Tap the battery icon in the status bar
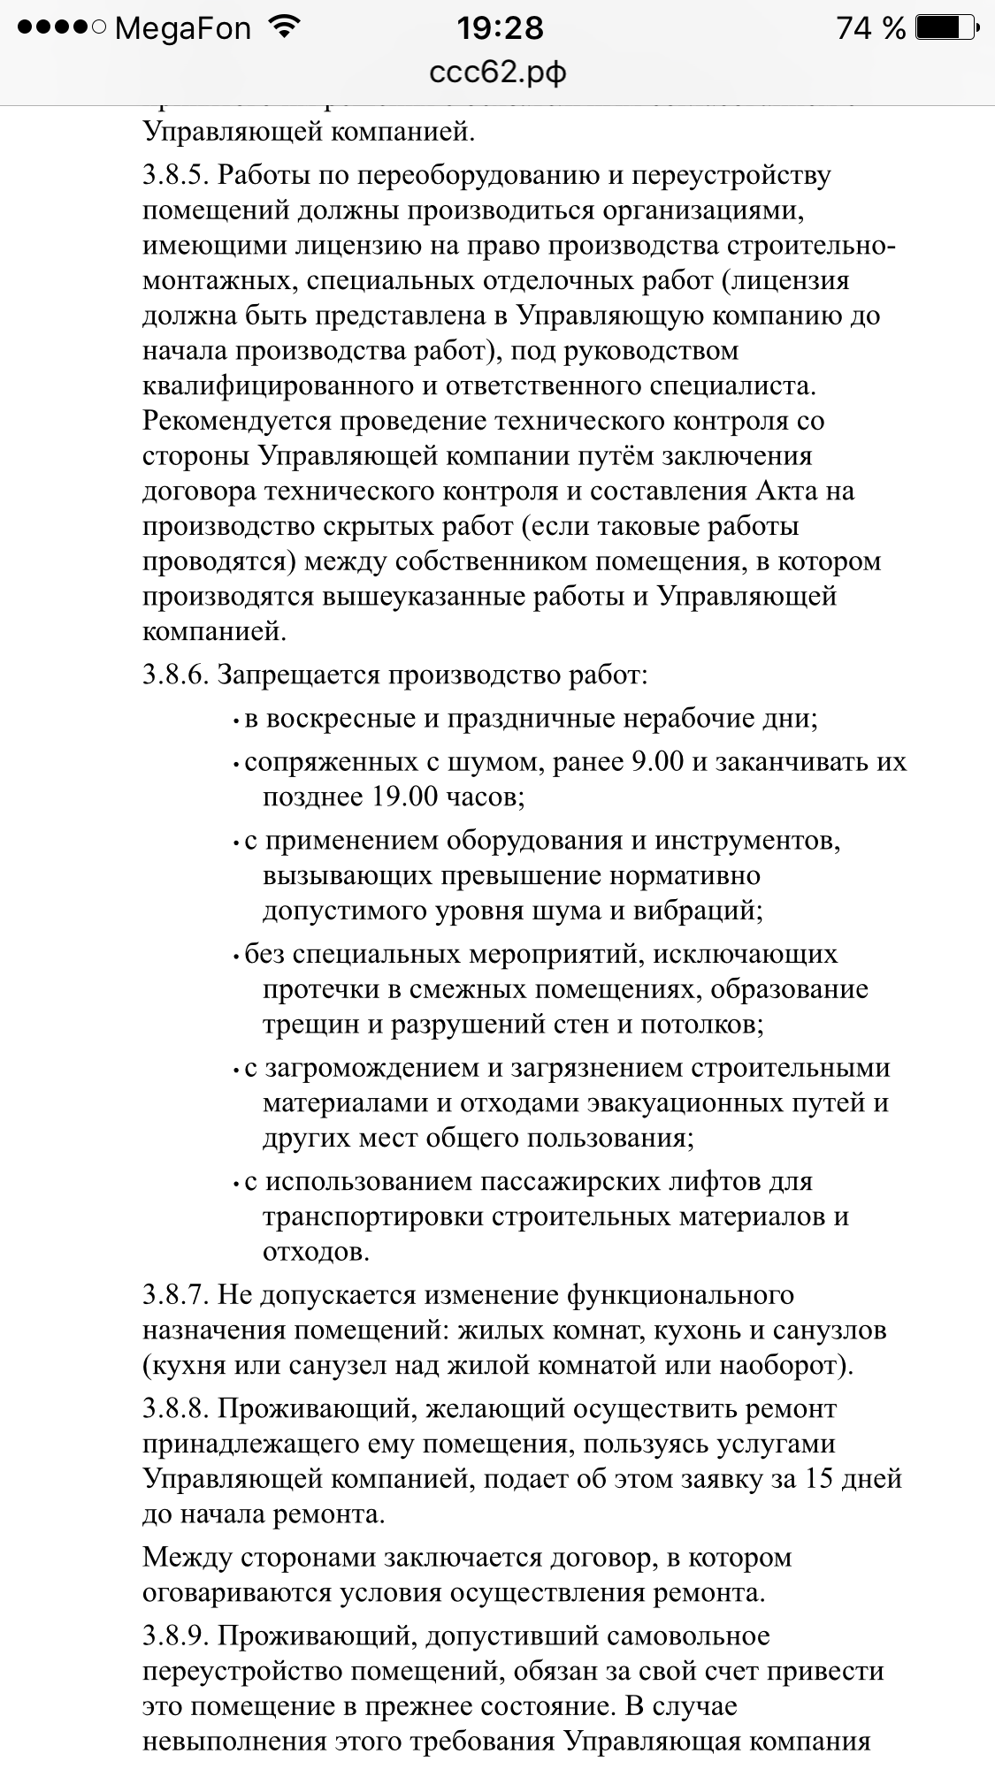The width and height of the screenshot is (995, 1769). click(x=945, y=28)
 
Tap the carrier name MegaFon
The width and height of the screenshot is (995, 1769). click(x=183, y=29)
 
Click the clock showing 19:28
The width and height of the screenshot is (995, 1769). click(x=500, y=29)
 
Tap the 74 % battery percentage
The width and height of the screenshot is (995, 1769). click(x=870, y=29)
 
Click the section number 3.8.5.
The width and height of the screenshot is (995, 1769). click(x=175, y=175)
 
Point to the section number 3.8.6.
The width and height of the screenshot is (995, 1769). click(x=175, y=675)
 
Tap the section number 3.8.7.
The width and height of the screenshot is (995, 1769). click(x=175, y=1295)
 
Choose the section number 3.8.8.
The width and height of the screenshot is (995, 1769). click(x=175, y=1408)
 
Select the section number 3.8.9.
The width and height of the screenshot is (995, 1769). click(x=175, y=1636)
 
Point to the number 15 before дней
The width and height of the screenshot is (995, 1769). click(x=823, y=1478)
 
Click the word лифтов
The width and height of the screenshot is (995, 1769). click(x=691, y=1182)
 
